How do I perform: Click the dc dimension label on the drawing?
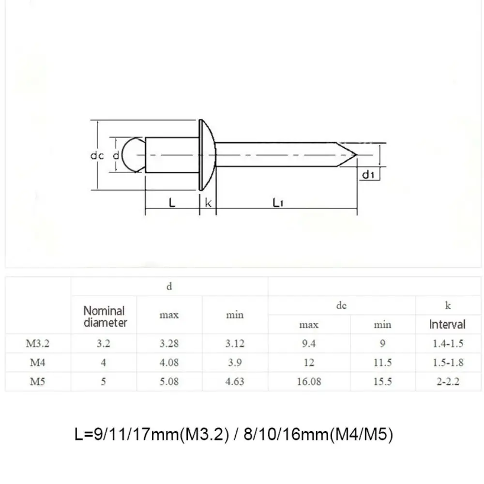tap(97, 155)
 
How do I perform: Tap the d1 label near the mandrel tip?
tap(368, 175)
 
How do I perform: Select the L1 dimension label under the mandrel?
tap(278, 202)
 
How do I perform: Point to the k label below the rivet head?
tap(208, 202)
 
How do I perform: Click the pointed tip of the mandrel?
tap(357, 154)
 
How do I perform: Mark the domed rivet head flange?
tap(207, 155)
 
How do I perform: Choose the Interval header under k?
tap(447, 324)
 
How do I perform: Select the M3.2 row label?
tap(37, 343)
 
